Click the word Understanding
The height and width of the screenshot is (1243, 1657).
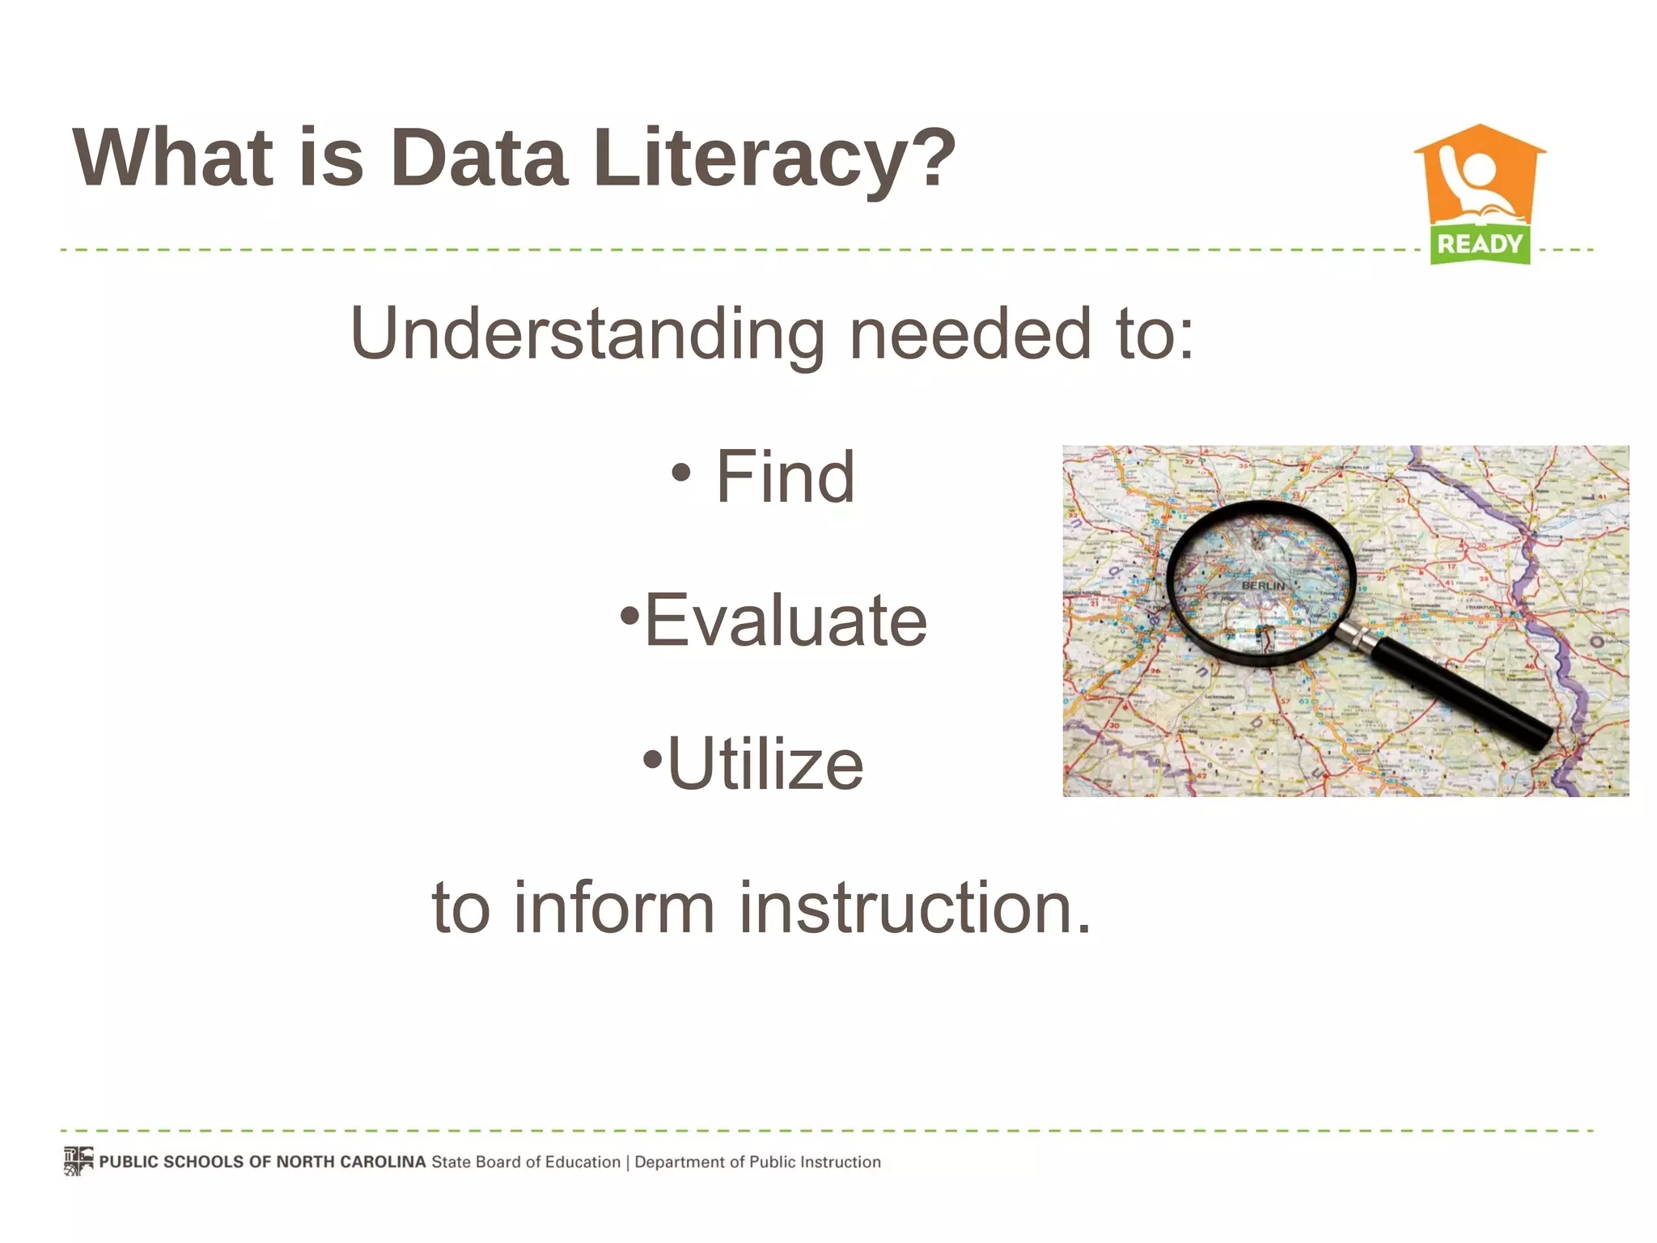pyautogui.click(x=587, y=333)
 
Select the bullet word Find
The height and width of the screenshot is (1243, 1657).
pyautogui.click(x=785, y=477)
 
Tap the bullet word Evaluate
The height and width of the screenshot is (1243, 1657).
pyautogui.click(x=785, y=621)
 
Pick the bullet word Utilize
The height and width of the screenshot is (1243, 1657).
pyautogui.click(x=765, y=764)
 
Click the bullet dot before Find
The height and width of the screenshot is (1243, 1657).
pyautogui.click(x=681, y=473)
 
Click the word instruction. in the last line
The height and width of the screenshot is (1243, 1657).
pyautogui.click(x=914, y=907)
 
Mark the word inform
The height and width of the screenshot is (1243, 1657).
pyautogui.click(x=614, y=907)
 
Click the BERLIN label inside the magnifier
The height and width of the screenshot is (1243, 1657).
pyautogui.click(x=1263, y=585)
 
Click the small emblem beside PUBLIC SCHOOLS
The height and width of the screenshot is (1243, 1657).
pyautogui.click(x=78, y=1161)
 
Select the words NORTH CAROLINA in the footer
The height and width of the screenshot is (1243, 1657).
pyautogui.click(x=351, y=1162)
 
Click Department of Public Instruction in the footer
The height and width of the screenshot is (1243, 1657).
pyautogui.click(x=757, y=1162)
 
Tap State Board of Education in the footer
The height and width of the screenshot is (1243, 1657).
pyautogui.click(x=526, y=1162)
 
